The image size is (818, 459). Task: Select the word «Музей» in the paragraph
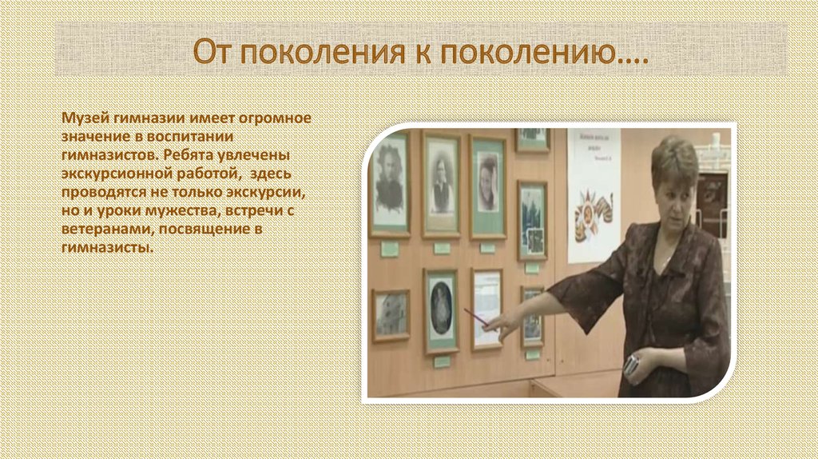(x=82, y=118)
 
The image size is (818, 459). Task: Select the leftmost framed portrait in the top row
(x=390, y=183)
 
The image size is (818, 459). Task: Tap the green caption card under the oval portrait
(x=442, y=361)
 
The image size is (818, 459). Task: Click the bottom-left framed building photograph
(x=391, y=314)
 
